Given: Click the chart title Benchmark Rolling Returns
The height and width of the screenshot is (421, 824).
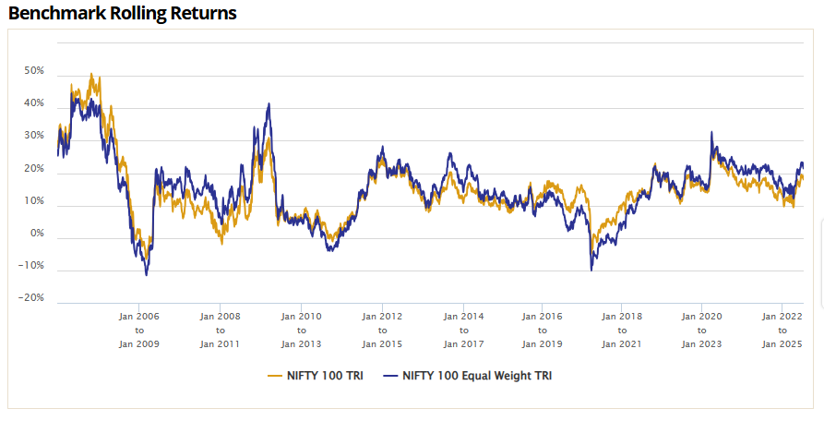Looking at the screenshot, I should [123, 14].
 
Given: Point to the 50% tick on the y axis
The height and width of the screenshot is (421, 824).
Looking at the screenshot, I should [34, 70].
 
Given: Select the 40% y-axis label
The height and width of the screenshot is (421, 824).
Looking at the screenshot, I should [34, 103].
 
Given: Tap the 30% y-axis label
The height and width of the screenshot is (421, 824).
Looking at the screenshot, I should [34, 136].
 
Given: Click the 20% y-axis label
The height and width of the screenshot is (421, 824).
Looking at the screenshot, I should [34, 169].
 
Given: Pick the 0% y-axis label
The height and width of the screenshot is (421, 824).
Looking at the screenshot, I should [37, 234].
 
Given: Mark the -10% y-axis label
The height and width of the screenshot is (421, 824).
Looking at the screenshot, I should [32, 266].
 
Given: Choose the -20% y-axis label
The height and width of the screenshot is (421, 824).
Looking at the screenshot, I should [32, 298].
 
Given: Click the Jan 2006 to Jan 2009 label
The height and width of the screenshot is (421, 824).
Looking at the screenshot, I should [139, 330].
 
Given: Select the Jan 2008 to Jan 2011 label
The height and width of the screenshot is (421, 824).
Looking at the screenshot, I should [220, 330].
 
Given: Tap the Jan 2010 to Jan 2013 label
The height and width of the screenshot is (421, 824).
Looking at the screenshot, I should [301, 330].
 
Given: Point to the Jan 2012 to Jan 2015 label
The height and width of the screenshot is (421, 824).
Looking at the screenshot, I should [381, 330].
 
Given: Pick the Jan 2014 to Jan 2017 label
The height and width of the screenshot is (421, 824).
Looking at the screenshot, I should [461, 330].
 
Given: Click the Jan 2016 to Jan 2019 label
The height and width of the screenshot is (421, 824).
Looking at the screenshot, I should [542, 330].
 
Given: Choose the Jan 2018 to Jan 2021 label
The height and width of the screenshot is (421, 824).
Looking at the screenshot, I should [622, 330].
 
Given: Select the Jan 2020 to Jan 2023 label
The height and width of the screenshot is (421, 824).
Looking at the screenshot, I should [702, 330].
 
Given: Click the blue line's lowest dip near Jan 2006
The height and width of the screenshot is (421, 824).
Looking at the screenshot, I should [146, 274].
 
